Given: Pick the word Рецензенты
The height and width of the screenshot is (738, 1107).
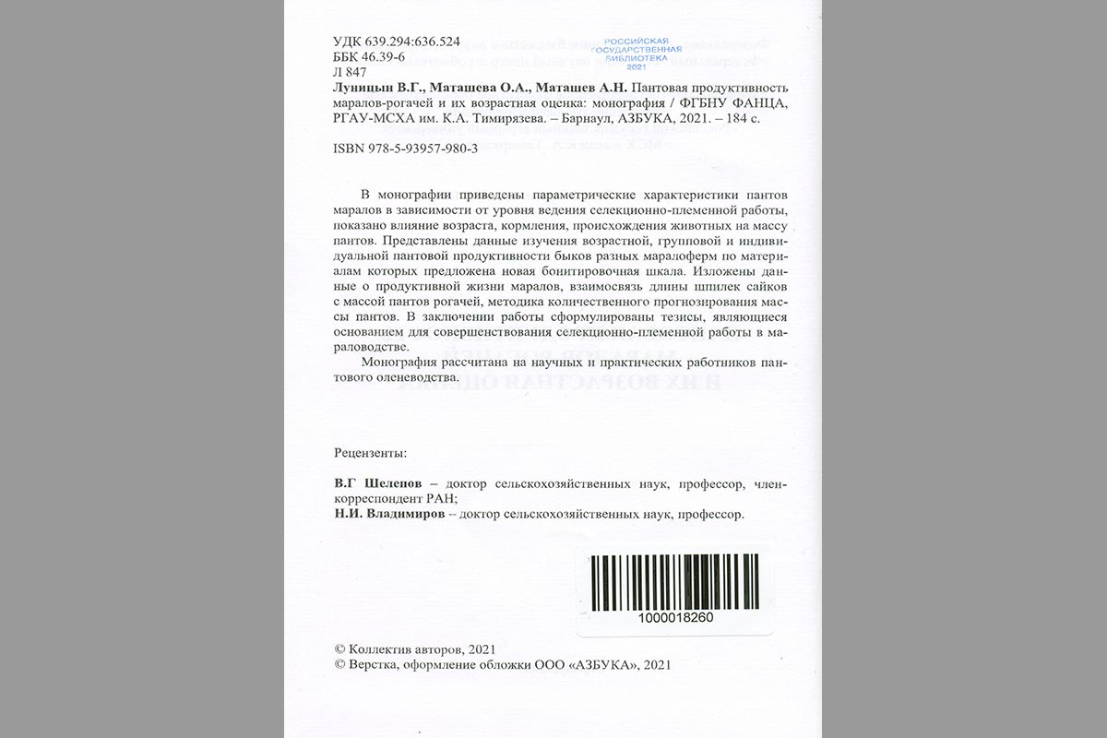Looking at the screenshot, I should [x=369, y=453].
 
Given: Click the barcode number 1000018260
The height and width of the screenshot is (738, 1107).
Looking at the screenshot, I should [x=674, y=616].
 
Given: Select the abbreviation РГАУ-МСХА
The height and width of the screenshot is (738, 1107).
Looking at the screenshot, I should [x=370, y=119].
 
